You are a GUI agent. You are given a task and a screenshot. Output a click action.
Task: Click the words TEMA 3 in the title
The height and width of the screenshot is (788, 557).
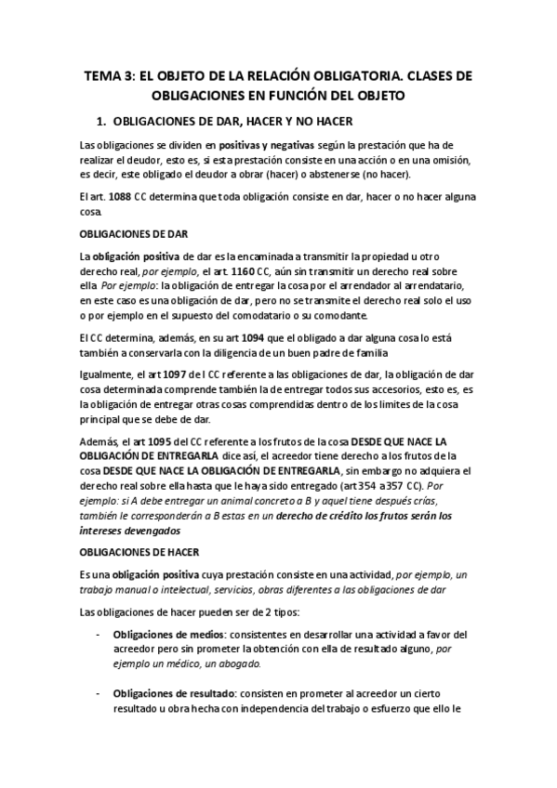click(x=110, y=77)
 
